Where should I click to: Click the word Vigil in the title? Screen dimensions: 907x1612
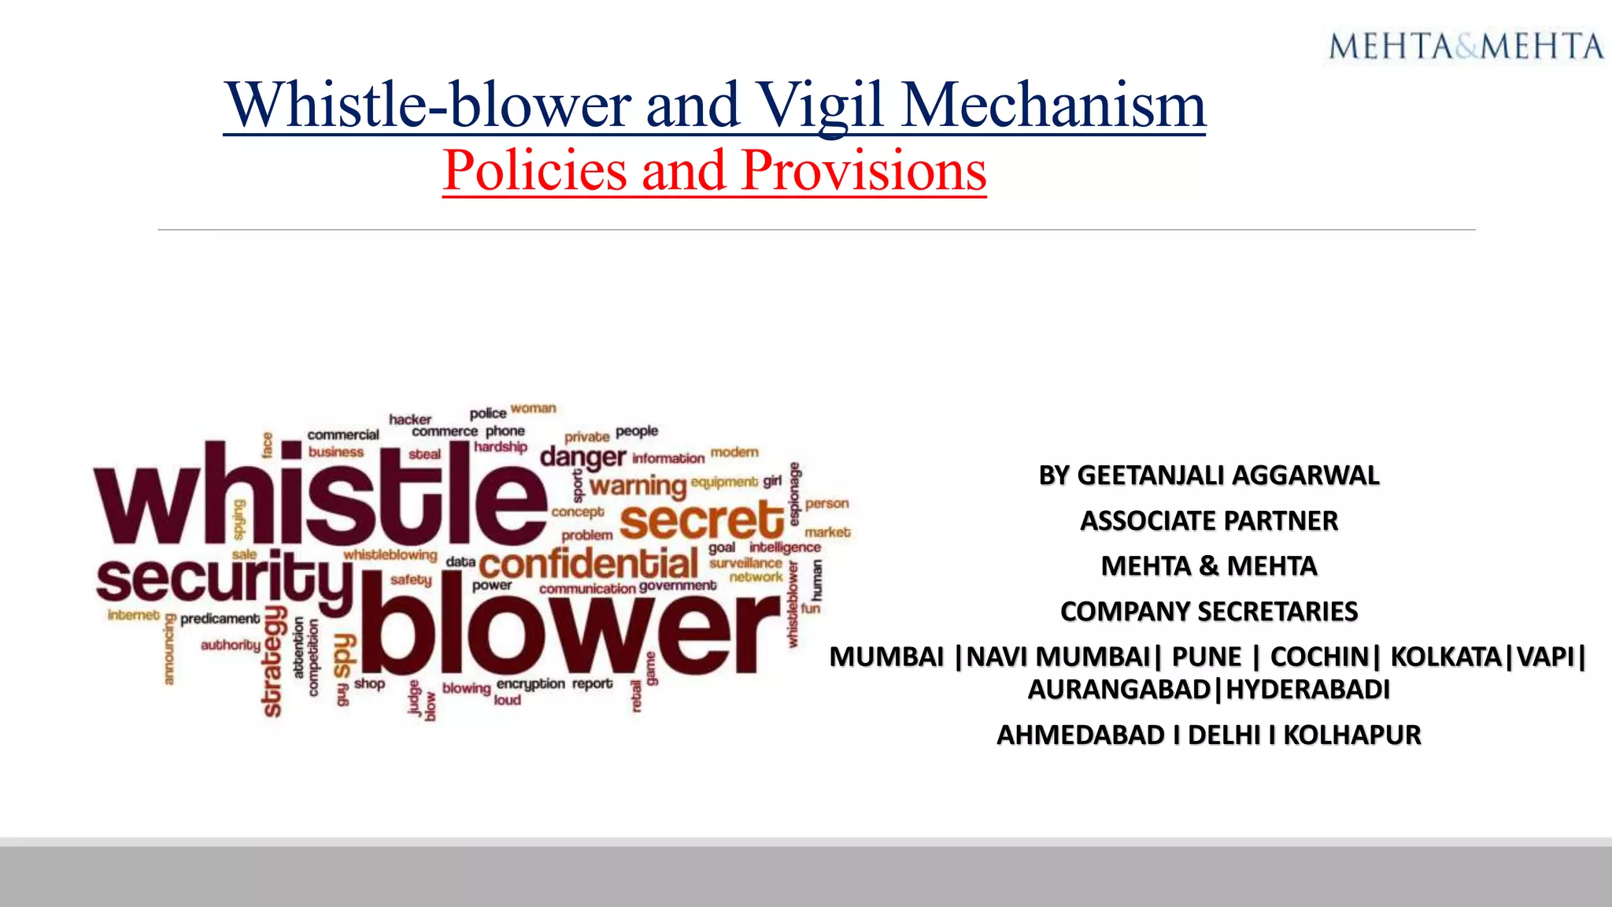[822, 106]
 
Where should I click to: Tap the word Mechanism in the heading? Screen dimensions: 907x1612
[1053, 106]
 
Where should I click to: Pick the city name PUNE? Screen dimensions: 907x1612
[1206, 657]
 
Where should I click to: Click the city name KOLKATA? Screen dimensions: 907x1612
[1446, 657]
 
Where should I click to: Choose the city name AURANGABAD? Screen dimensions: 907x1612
[1118, 690]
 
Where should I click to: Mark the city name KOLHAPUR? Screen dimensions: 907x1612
[1351, 735]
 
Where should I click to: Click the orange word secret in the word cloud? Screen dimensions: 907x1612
[701, 521]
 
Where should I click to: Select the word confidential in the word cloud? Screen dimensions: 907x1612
[588, 564]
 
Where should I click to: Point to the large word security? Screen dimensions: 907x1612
[225, 581]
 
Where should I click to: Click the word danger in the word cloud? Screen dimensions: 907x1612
[582, 457]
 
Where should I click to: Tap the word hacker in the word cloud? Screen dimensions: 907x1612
[410, 420]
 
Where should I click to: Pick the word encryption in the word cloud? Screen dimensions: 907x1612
[531, 683]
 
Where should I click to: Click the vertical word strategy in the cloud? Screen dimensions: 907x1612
[273, 661]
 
